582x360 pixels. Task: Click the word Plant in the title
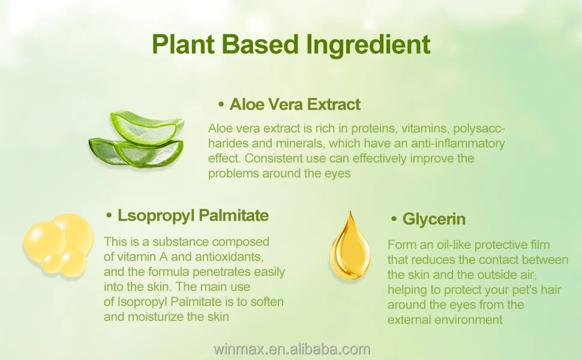point(184,44)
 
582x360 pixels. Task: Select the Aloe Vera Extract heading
point(295,104)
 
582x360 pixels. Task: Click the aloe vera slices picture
point(137,139)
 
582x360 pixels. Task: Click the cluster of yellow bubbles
point(58,245)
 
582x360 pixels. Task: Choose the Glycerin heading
point(434,219)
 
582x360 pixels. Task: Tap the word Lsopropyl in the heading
point(156,215)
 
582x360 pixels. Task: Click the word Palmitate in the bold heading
point(234,215)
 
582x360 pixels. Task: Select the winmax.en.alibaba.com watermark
point(292,349)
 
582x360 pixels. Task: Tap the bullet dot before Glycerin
point(394,219)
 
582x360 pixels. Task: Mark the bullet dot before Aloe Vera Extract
point(221,104)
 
